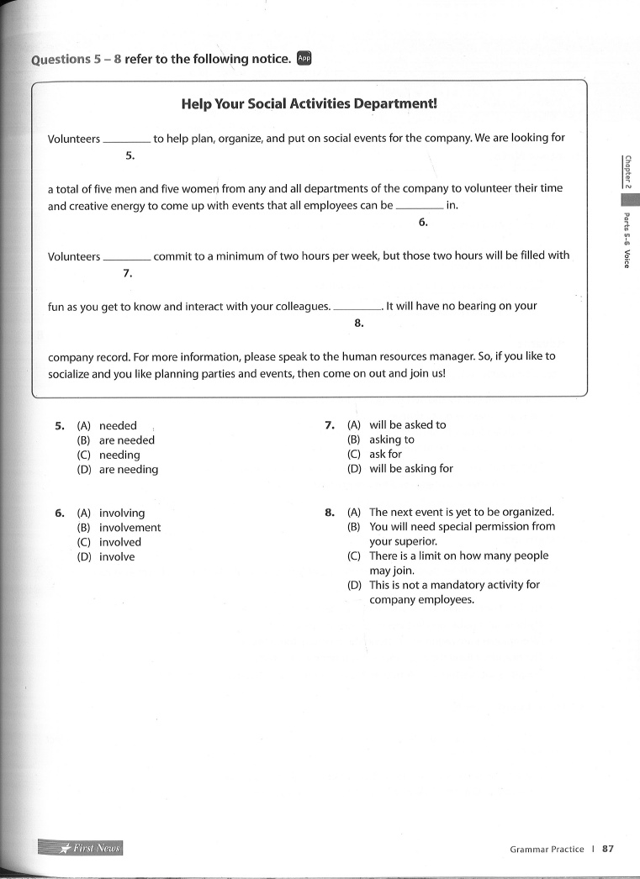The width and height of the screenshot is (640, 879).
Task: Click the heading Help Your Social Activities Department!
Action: tap(309, 104)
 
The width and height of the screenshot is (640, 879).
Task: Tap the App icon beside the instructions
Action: tap(304, 58)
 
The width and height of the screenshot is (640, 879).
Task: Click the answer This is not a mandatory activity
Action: tap(454, 585)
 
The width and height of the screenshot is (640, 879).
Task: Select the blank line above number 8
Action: tap(357, 310)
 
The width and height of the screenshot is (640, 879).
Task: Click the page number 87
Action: tap(608, 849)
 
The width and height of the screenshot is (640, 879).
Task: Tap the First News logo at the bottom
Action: tap(81, 848)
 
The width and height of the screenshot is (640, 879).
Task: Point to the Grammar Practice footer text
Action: tap(547, 850)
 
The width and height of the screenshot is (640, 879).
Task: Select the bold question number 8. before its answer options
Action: tap(331, 512)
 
